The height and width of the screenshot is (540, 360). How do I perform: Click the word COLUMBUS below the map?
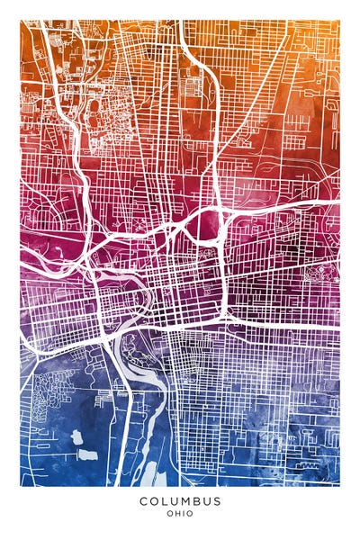[x=180, y=501]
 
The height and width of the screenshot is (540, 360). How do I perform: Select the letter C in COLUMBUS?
[x=144, y=501]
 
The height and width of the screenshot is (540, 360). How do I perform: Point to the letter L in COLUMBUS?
[x=166, y=501]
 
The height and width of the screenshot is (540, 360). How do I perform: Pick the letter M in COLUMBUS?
[x=187, y=501]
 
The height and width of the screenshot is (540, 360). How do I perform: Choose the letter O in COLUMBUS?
[x=155, y=501]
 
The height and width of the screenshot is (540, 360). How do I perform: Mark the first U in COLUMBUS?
[x=175, y=501]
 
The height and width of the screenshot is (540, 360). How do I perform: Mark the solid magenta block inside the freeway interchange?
[x=203, y=229]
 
